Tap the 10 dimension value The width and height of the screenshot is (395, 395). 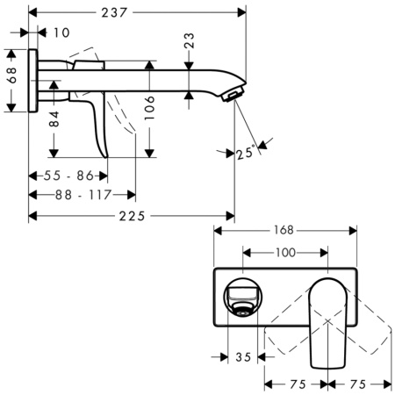(60, 32)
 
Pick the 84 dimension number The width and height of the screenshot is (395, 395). (54, 120)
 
